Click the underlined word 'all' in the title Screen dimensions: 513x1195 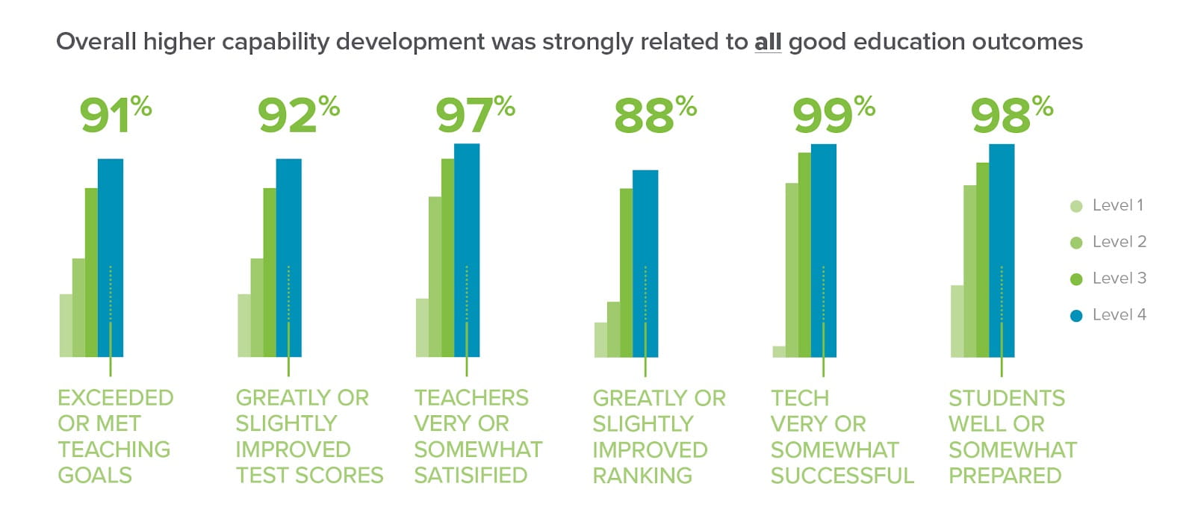(768, 42)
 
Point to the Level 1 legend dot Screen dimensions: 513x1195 (1076, 206)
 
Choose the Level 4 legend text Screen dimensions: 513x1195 (1119, 315)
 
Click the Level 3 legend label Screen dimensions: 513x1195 (1119, 279)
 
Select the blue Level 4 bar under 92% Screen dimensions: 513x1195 (289, 224)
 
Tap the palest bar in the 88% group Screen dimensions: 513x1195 (600, 340)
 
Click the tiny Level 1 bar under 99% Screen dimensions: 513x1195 (779, 352)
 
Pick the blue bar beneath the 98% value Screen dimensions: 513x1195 (1002, 224)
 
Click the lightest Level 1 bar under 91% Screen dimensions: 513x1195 (66, 326)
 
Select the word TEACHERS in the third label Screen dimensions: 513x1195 (471, 398)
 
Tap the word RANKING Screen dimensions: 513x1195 (642, 476)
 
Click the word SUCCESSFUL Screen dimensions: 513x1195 (842, 476)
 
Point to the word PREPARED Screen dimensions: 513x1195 (1005, 476)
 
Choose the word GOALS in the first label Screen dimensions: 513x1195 (95, 476)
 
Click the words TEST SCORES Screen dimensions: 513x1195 (309, 476)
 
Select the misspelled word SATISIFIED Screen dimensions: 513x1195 (471, 476)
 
